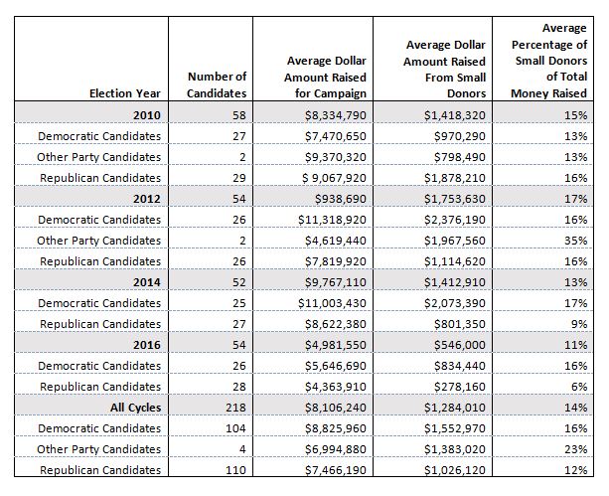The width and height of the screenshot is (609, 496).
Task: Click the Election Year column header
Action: pyautogui.click(x=124, y=93)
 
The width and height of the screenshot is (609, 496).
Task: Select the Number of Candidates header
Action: pyautogui.click(x=217, y=85)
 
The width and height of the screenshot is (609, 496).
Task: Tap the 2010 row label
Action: pyautogui.click(x=147, y=115)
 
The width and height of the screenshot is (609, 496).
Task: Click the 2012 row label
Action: pyautogui.click(x=147, y=199)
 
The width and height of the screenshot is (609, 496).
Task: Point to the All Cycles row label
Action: pyautogui.click(x=135, y=408)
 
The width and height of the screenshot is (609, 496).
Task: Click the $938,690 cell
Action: pyautogui.click(x=340, y=199)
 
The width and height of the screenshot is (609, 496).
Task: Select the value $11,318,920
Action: pyautogui.click(x=332, y=220)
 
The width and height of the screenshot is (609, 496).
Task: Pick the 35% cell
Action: pyautogui.click(x=575, y=241)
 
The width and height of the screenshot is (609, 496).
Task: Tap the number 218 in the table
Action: pyautogui.click(x=235, y=408)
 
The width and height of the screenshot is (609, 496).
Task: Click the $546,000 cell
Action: pyautogui.click(x=459, y=345)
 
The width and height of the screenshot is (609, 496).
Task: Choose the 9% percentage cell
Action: pyautogui.click(x=579, y=324)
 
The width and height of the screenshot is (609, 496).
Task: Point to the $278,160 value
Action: pyautogui.click(x=459, y=387)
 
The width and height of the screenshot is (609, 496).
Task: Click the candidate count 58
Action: pyautogui.click(x=239, y=115)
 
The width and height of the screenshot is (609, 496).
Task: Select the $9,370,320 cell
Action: pyautogui.click(x=335, y=157)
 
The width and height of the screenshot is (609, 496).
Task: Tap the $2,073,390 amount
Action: pyautogui.click(x=455, y=303)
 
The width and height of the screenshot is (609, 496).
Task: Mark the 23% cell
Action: pyautogui.click(x=575, y=449)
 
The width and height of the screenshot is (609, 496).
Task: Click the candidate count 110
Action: pyautogui.click(x=235, y=470)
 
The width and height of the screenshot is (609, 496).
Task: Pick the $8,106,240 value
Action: pyautogui.click(x=335, y=408)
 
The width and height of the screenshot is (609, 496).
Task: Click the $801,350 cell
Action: pyautogui.click(x=459, y=324)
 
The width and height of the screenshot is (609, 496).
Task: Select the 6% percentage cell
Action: pyautogui.click(x=579, y=387)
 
